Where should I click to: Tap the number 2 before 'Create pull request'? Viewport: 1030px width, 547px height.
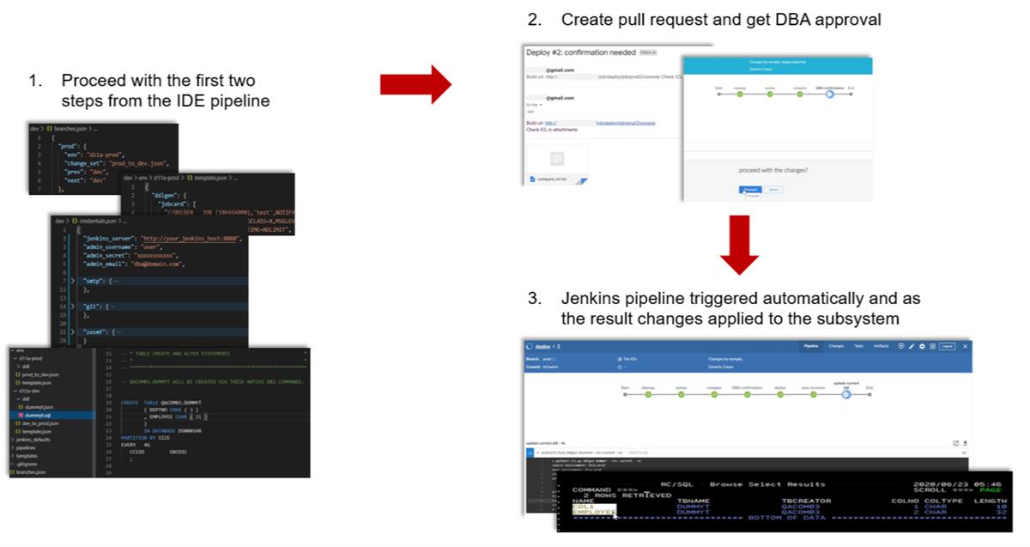(x=534, y=19)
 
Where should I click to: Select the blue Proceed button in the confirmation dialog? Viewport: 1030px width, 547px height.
(x=750, y=189)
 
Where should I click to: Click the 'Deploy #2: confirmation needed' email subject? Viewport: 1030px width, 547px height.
(x=580, y=52)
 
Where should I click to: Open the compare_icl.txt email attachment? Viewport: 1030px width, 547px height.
(x=556, y=179)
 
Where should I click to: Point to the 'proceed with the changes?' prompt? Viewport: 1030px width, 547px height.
(x=772, y=170)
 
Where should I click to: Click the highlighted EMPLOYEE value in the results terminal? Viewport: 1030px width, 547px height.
(x=593, y=513)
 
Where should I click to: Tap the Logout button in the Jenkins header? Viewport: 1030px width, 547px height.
(x=946, y=346)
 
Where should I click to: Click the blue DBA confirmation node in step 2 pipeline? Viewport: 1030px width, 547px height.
(x=829, y=94)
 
